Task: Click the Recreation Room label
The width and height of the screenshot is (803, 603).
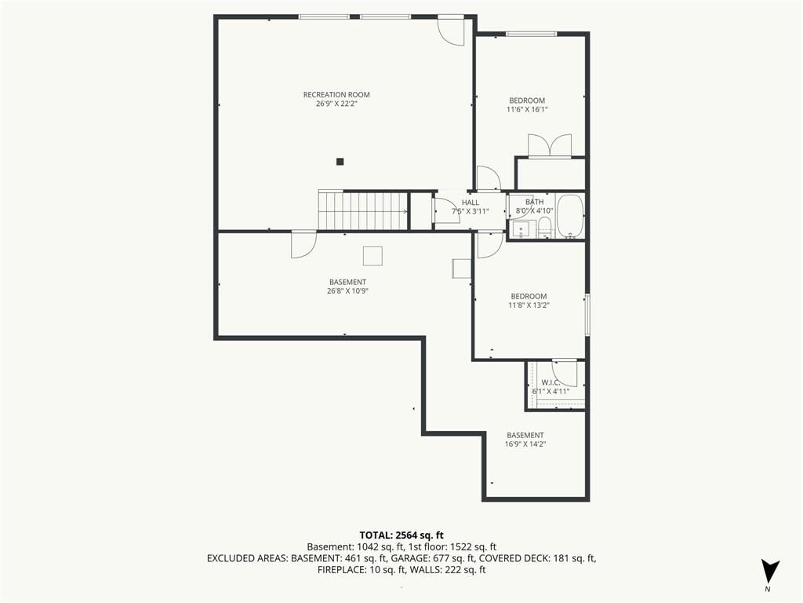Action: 336,94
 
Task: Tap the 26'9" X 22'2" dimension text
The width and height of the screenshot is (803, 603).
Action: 336,104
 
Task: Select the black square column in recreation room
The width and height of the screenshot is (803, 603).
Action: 340,162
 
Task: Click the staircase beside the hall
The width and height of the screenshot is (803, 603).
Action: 363,210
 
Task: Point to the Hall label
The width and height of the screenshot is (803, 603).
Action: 471,203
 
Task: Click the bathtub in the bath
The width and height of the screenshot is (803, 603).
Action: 570,216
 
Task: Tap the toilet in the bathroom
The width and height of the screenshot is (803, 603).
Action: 544,227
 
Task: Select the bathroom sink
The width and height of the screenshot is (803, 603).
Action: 521,230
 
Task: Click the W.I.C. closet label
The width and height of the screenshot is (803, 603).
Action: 550,382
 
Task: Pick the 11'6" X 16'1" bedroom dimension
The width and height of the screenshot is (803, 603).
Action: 527,109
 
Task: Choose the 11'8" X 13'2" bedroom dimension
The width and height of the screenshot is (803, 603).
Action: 529,305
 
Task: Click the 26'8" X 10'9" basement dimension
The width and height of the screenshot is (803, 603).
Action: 347,291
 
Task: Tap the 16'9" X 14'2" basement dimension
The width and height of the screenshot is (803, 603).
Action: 525,444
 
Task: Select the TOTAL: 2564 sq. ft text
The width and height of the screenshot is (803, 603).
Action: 401,535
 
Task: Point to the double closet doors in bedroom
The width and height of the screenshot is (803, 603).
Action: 550,145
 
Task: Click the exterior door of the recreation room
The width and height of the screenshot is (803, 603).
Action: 451,31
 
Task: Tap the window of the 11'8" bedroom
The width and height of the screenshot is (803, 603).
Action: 587,314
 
